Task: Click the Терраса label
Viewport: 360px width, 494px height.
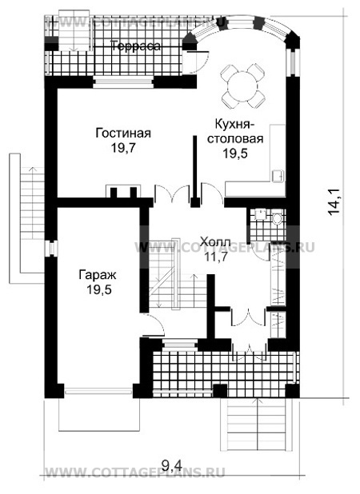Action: [x=135, y=46]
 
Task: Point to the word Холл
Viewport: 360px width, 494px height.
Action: [x=216, y=242]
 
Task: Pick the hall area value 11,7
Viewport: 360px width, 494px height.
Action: [x=216, y=257]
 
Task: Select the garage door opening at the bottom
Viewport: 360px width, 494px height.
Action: [x=98, y=391]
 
